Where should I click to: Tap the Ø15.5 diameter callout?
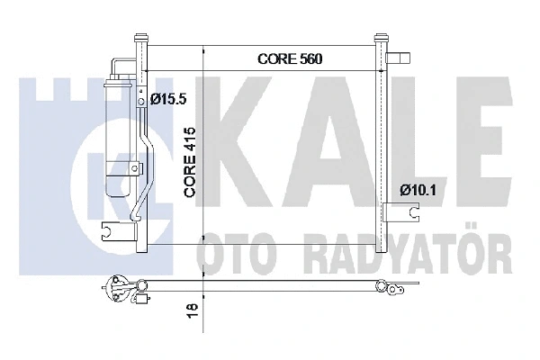168,99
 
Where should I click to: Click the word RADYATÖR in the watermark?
405,247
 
